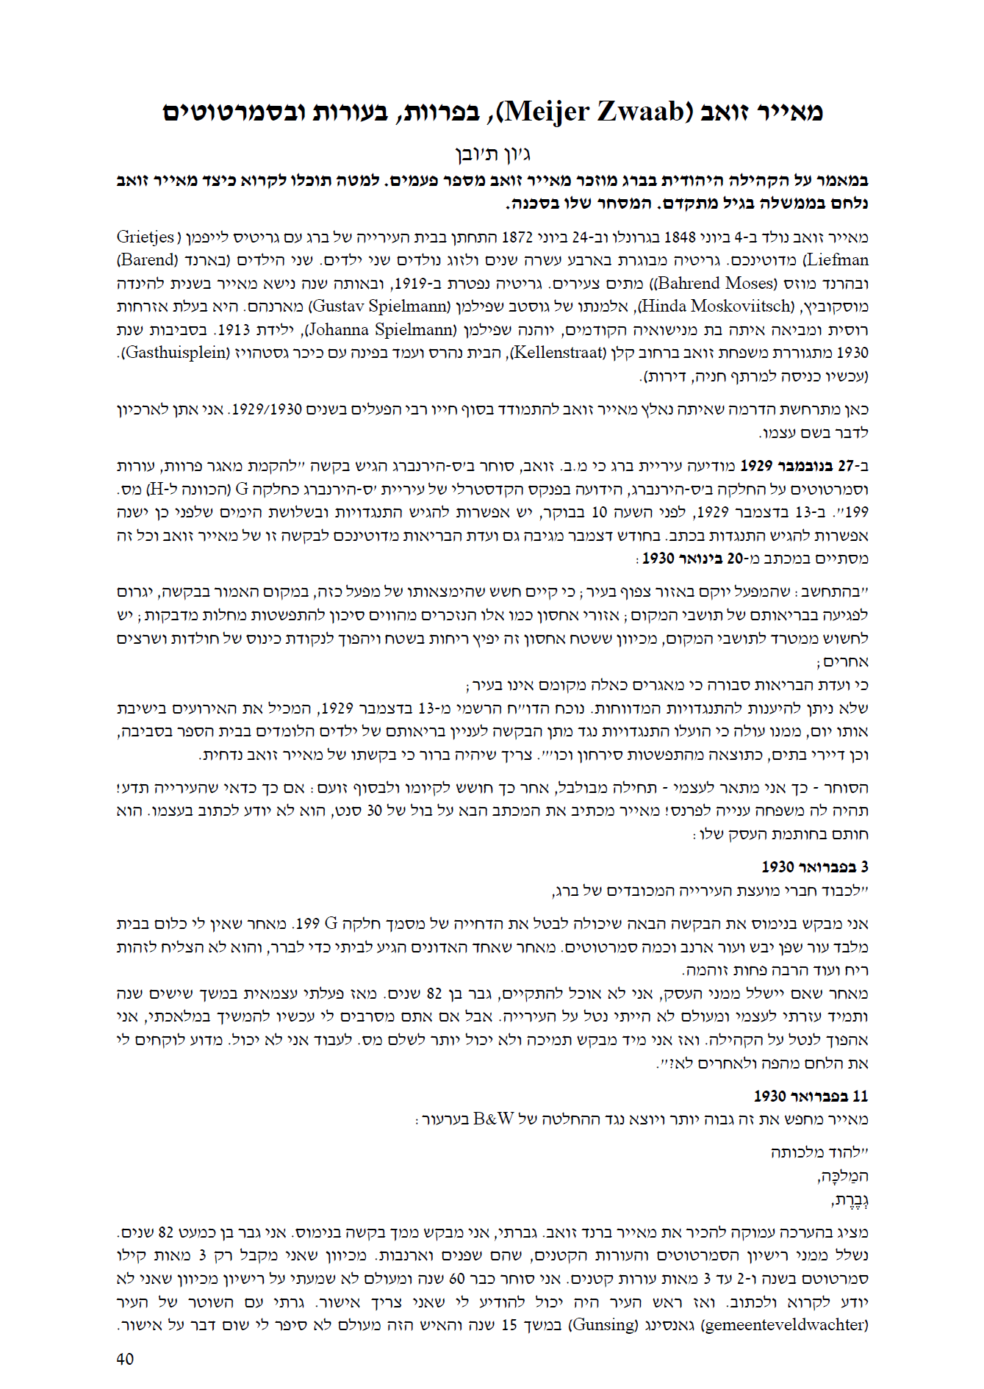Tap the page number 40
pos(125,1359)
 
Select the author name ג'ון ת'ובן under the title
pos(493,154)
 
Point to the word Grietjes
pos(146,237)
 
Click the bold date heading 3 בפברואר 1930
pos(815,867)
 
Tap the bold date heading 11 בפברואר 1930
pos(811,1097)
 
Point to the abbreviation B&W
pos(494,1119)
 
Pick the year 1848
pos(680,237)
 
